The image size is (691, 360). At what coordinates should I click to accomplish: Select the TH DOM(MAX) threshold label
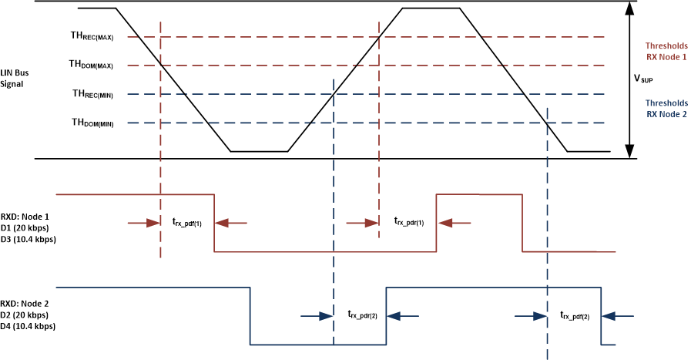click(92, 65)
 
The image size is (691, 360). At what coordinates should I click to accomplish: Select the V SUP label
click(644, 78)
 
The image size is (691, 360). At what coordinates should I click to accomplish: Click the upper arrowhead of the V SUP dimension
click(630, 7)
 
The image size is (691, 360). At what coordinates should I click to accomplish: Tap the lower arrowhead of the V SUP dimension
click(630, 153)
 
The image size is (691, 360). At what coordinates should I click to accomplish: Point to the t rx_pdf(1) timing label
click(186, 222)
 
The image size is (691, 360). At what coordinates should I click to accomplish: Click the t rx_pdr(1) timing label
click(409, 222)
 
